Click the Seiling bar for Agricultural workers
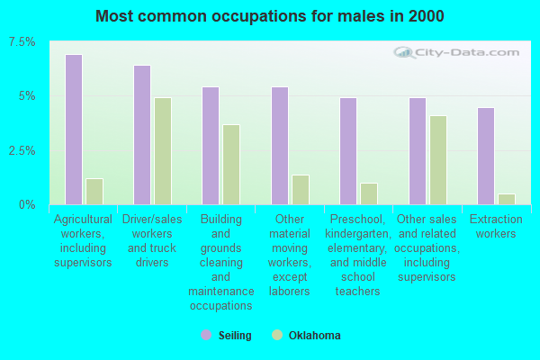[74, 130]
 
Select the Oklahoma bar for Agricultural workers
[94, 192]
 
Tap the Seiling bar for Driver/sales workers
[142, 135]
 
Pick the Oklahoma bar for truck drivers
[163, 151]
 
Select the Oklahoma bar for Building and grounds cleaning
[231, 165]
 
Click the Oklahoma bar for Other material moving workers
[300, 190]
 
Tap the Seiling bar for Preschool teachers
[348, 151]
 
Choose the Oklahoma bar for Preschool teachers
[368, 193]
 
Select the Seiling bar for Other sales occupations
[418, 151]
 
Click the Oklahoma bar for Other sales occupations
[437, 160]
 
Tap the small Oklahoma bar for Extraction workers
[506, 199]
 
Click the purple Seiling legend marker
[206, 335]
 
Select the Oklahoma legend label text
[314, 336]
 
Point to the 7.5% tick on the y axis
[22, 42]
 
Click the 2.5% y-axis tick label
[22, 150]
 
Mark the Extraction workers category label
[496, 227]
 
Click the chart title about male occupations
[269, 16]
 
